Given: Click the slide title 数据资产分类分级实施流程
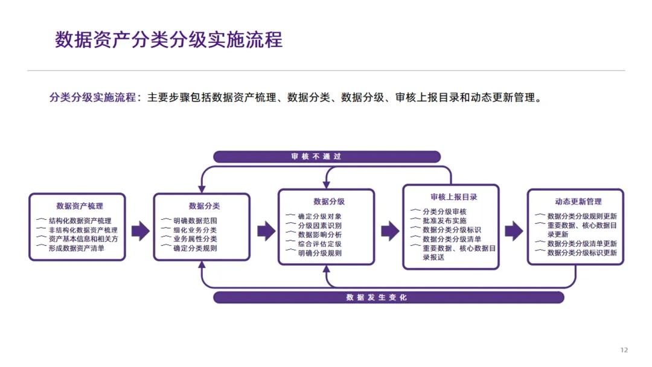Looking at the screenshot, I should [168, 40].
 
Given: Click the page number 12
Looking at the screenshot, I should [624, 350].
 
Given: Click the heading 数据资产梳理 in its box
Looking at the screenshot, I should [79, 206].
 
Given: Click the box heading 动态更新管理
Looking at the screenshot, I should [578, 201].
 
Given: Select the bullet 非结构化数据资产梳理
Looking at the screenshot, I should [83, 230].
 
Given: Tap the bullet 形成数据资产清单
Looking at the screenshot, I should [76, 247].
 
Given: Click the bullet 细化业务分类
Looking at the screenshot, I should [194, 230].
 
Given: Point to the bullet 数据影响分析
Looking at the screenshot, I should [319, 234].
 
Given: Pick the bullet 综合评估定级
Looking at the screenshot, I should [319, 244].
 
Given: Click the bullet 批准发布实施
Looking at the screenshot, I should [444, 221].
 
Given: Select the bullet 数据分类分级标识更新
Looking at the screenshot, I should [582, 253].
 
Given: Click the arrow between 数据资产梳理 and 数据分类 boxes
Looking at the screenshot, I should [140, 230].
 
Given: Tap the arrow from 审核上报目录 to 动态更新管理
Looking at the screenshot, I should [514, 230].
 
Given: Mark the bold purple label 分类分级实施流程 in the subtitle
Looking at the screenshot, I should [94, 97].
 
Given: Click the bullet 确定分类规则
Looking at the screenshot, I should [194, 248].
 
